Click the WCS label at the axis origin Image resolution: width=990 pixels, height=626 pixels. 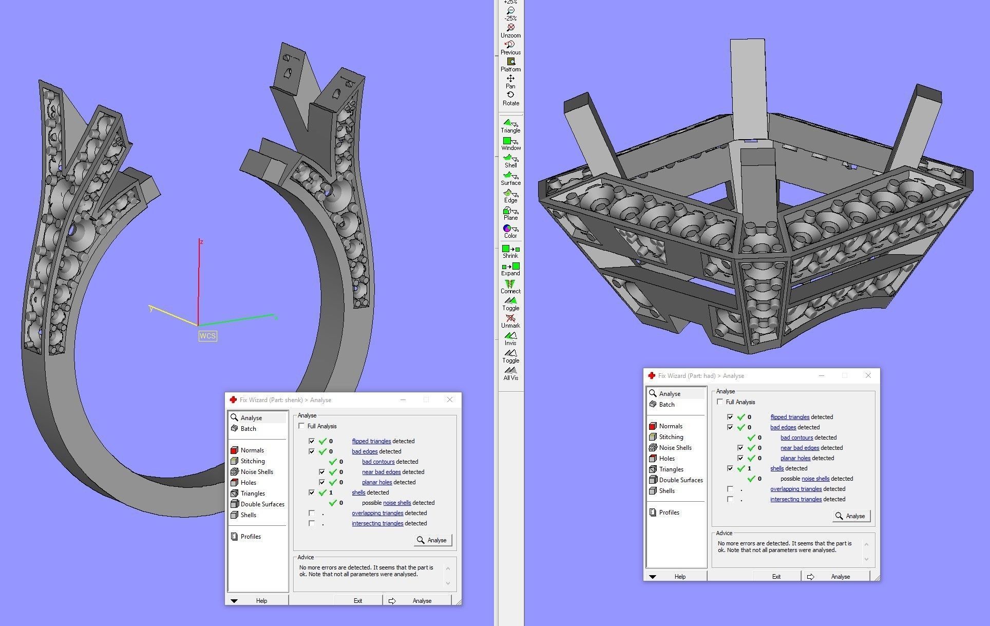(x=207, y=336)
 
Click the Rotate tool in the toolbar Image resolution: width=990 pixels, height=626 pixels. (x=510, y=98)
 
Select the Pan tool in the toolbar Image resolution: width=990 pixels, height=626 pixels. (x=510, y=81)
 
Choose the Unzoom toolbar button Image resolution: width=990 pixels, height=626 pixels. (x=510, y=30)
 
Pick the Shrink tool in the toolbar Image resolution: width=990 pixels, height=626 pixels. (x=510, y=251)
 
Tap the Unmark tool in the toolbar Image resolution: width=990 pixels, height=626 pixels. (x=510, y=321)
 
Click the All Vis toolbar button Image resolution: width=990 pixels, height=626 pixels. (x=510, y=373)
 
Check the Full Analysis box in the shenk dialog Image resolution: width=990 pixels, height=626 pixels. (x=301, y=426)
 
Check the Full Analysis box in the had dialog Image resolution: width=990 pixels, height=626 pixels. (x=720, y=402)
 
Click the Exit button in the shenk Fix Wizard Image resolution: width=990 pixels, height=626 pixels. (x=358, y=600)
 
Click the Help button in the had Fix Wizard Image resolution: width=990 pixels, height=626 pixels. (x=680, y=576)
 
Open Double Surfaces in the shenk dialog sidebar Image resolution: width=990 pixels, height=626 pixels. (x=262, y=504)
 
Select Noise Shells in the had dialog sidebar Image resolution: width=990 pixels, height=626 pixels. (x=675, y=448)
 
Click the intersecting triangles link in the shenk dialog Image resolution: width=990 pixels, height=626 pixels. (x=377, y=523)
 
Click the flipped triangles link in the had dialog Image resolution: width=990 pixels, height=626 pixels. (x=790, y=417)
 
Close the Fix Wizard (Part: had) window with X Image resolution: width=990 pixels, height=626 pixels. (x=868, y=376)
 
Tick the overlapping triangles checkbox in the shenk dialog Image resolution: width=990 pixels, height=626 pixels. (x=312, y=513)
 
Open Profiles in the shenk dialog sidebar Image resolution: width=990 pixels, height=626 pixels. (x=251, y=537)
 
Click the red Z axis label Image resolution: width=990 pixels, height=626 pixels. (x=201, y=242)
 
